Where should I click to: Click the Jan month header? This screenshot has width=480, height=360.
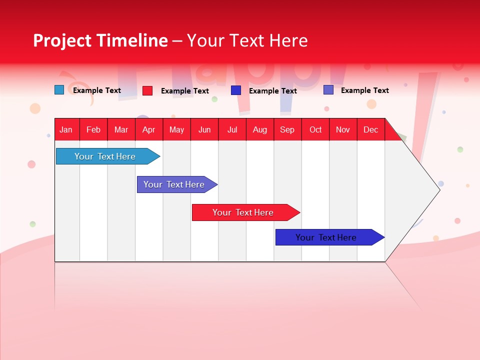pos(66,129)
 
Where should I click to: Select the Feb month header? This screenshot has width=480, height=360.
pos(93,129)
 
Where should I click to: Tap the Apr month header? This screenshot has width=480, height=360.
pos(149,129)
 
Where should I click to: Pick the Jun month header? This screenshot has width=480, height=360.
pos(204,129)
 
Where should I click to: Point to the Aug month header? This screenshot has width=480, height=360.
pos(260,129)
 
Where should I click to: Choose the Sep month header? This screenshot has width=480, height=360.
pos(287,129)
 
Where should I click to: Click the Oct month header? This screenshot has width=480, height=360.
pos(315,129)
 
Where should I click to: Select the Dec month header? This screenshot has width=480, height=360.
pos(371,129)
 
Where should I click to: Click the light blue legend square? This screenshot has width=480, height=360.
pos(59,90)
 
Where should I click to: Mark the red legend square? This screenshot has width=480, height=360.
pos(147,90)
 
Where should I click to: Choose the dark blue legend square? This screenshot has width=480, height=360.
pos(236,90)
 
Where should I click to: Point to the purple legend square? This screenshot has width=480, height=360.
pos(328,90)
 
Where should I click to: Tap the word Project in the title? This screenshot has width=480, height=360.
pos(62,40)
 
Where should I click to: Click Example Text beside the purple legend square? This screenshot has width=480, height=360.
pos(365,90)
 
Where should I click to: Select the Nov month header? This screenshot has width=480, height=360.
pos(343,129)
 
